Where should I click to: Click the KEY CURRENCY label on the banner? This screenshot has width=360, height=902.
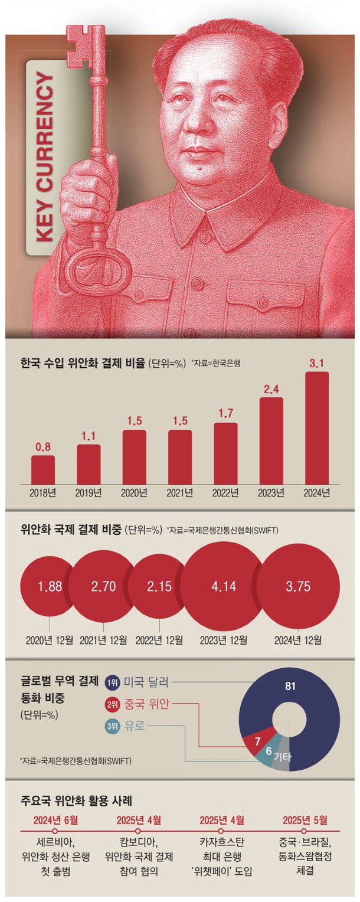[45, 158]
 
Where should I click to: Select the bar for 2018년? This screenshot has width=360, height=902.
[42, 469]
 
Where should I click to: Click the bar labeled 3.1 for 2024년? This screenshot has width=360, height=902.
[316, 427]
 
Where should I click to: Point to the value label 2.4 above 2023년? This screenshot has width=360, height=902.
[271, 389]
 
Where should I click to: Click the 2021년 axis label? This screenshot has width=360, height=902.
[179, 492]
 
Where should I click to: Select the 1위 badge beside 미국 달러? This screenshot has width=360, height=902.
[112, 683]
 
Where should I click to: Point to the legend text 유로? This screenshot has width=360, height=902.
[135, 723]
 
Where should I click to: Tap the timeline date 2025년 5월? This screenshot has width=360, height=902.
[305, 819]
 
